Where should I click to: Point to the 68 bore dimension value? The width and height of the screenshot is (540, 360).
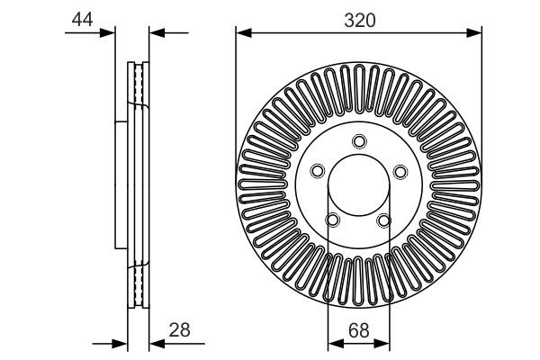[359, 329]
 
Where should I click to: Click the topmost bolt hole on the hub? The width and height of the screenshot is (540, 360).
[359, 141]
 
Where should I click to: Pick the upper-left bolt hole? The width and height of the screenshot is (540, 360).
[317, 171]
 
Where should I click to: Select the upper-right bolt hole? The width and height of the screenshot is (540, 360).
[401, 171]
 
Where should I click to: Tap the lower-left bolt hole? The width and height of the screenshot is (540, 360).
[333, 220]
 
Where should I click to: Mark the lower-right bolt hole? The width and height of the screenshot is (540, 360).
[385, 220]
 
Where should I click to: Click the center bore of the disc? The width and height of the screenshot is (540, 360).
[359, 185]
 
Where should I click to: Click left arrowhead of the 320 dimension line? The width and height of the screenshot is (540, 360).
[241, 33]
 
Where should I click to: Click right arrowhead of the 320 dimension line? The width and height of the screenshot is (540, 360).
[477, 33]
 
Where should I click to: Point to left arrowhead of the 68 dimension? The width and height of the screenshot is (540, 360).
[332, 343]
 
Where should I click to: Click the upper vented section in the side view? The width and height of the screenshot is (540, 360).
[139, 85]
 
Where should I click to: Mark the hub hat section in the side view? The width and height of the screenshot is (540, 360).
[122, 185]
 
